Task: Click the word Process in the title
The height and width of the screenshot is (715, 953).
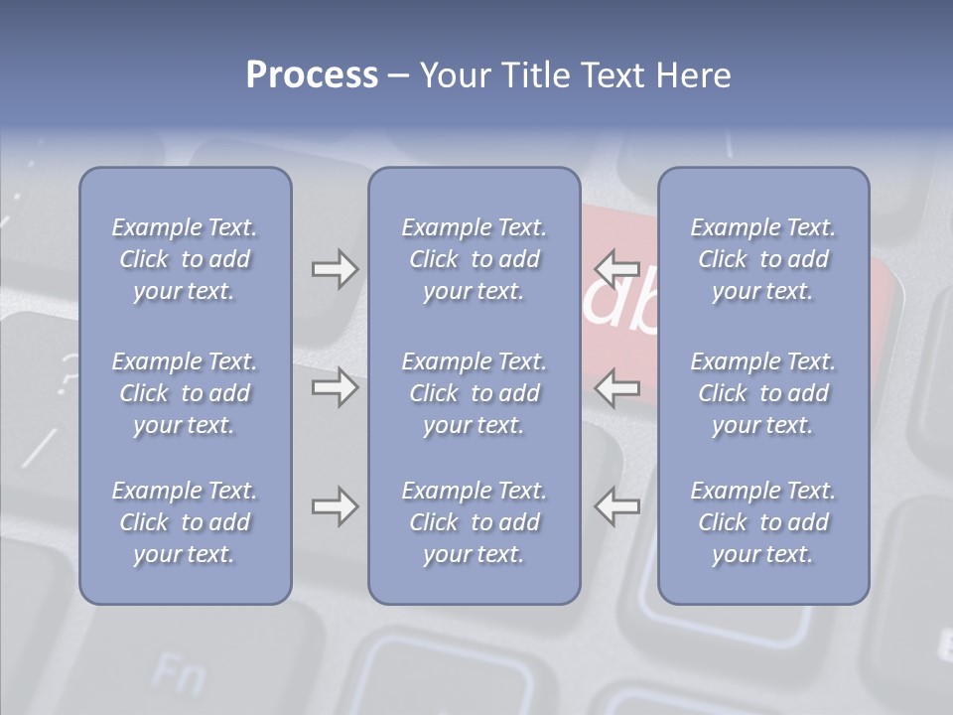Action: click(x=312, y=75)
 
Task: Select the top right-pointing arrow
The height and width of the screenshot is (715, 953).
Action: click(x=335, y=269)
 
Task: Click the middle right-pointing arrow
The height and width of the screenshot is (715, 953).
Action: click(x=335, y=386)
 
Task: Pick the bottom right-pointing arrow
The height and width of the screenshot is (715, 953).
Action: click(x=335, y=506)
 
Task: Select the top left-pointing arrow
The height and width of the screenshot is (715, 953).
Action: click(x=617, y=268)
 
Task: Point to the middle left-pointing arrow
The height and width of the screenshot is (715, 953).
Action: click(x=617, y=386)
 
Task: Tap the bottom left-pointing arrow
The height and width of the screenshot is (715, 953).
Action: click(x=617, y=506)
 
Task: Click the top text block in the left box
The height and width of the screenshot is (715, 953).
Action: click(x=185, y=259)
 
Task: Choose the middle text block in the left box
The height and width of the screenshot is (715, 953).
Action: click(x=185, y=393)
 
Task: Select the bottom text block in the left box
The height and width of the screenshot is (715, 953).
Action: click(x=185, y=522)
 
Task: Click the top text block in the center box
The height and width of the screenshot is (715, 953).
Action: click(x=474, y=259)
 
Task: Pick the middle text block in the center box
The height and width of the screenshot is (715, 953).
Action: click(x=474, y=393)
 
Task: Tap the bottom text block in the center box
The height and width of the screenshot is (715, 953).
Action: click(x=474, y=522)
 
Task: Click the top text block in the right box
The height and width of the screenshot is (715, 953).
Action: click(x=762, y=259)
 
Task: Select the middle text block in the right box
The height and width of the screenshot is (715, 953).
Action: click(x=762, y=393)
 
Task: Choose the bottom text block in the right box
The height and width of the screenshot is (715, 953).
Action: click(x=762, y=522)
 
